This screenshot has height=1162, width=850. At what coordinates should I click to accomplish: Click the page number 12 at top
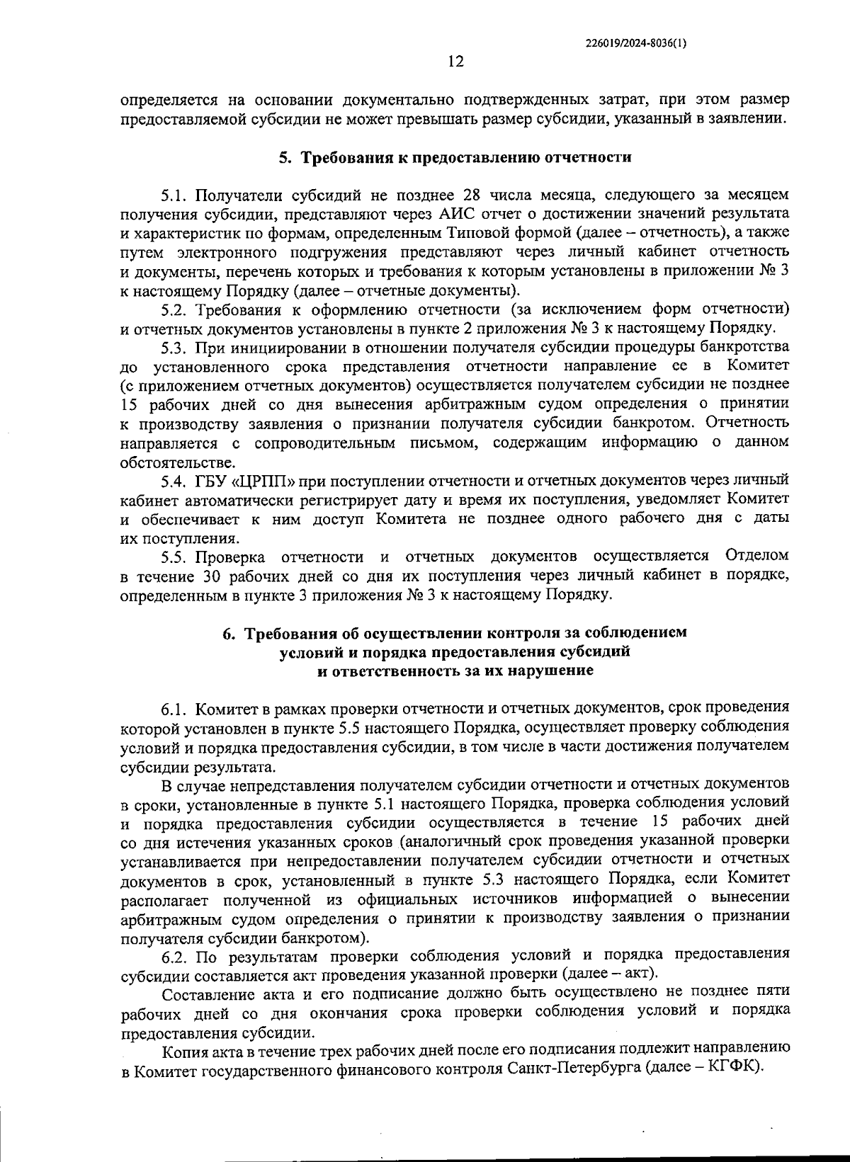point(455,62)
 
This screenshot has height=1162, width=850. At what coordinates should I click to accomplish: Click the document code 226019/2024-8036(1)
point(636,42)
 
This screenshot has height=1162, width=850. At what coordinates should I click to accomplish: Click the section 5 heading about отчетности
point(454,157)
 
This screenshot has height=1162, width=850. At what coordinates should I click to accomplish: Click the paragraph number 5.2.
point(174,309)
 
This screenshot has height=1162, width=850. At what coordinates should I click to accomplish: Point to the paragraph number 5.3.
point(174,348)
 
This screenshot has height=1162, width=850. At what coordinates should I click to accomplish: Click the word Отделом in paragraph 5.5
point(756,556)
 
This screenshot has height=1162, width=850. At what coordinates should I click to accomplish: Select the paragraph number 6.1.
point(174,708)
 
